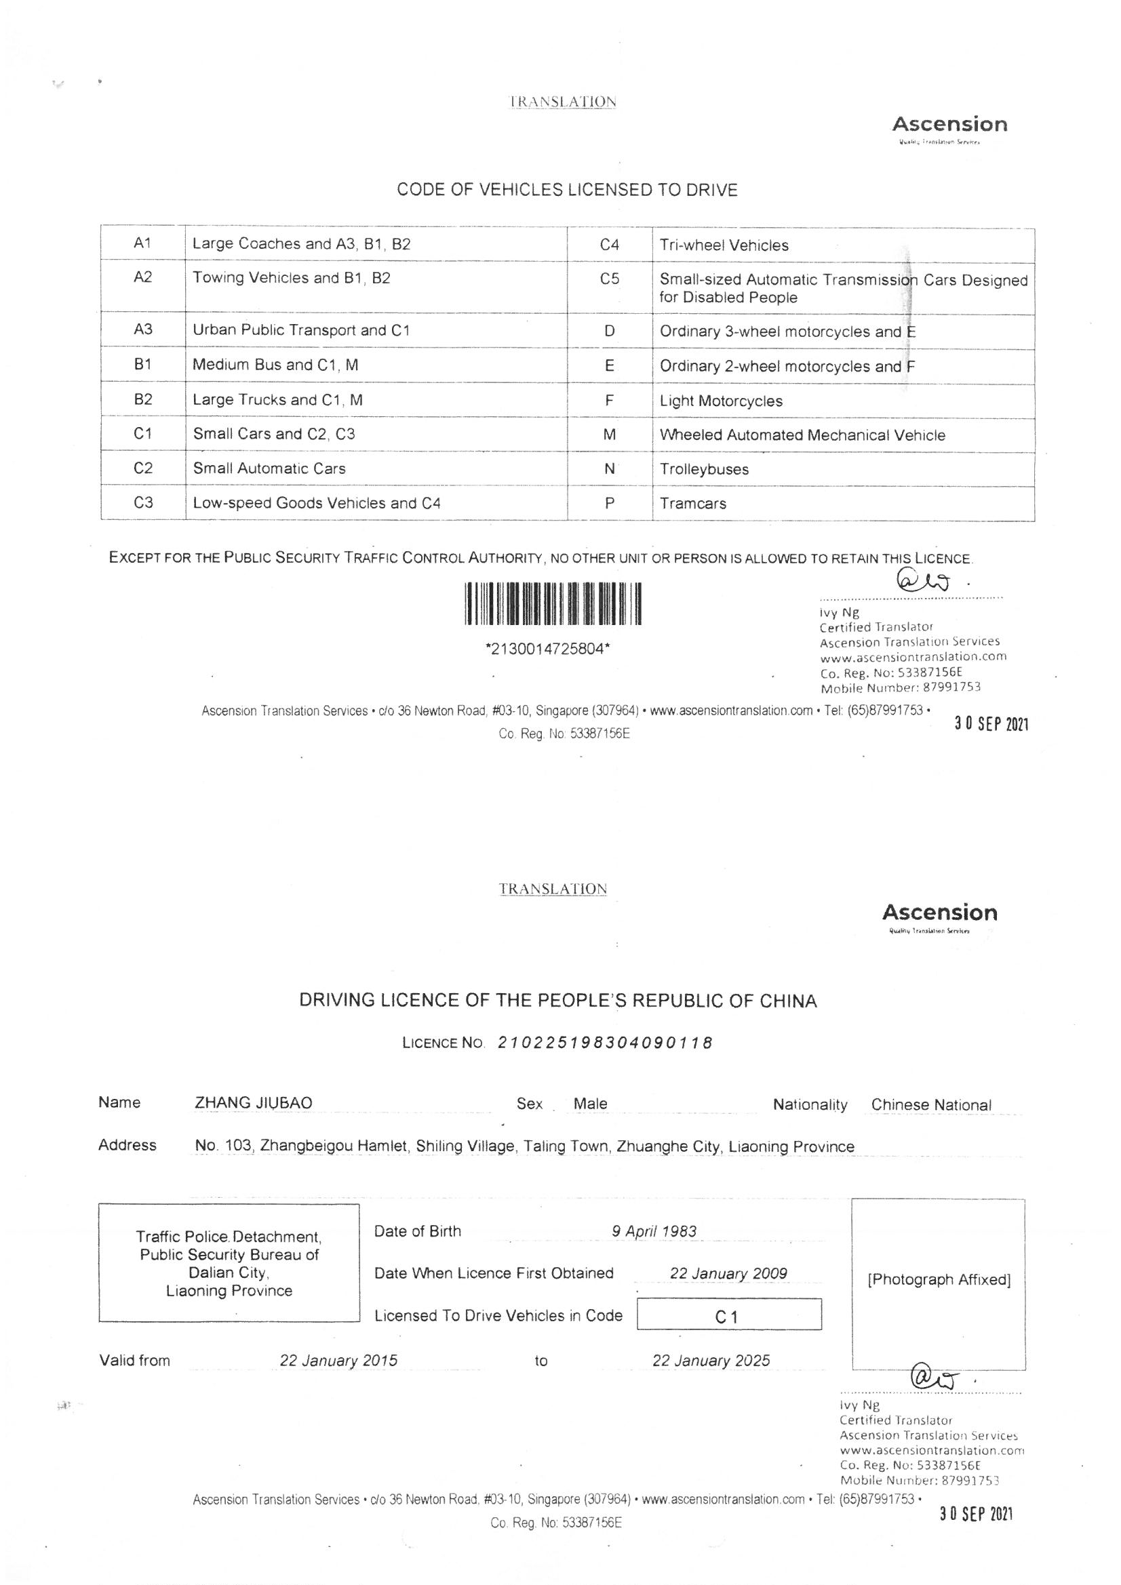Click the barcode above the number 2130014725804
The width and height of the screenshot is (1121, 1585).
click(553, 604)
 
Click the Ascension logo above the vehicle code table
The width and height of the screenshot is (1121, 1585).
click(949, 125)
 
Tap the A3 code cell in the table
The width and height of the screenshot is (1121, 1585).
click(142, 329)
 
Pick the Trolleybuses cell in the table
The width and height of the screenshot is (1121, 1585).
click(704, 469)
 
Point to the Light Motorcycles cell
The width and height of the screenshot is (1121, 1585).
click(720, 401)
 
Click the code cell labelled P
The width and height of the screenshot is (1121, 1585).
click(609, 503)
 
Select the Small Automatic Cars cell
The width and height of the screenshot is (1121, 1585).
click(269, 468)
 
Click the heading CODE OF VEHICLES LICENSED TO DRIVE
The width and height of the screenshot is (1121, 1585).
click(567, 190)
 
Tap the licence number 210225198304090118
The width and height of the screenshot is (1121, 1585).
click(605, 1043)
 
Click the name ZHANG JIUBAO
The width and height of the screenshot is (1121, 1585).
click(254, 1103)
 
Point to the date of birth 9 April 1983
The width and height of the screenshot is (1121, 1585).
click(654, 1232)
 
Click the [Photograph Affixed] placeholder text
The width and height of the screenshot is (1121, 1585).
click(939, 1280)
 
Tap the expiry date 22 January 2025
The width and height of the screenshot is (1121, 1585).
click(711, 1361)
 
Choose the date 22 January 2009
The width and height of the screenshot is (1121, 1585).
click(728, 1274)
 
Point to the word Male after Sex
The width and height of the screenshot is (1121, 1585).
click(590, 1104)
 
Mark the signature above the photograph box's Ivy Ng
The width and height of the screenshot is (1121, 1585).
click(936, 1381)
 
